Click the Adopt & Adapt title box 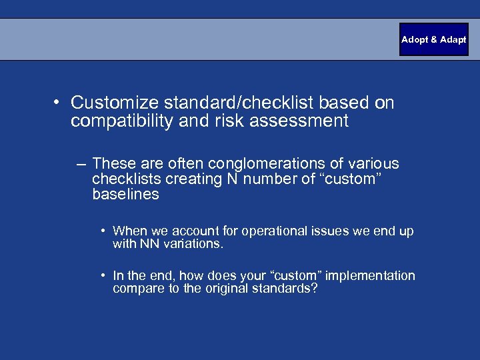(433, 39)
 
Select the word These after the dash (114, 163)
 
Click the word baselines (126, 194)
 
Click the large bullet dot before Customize (59, 103)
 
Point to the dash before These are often (81, 164)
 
